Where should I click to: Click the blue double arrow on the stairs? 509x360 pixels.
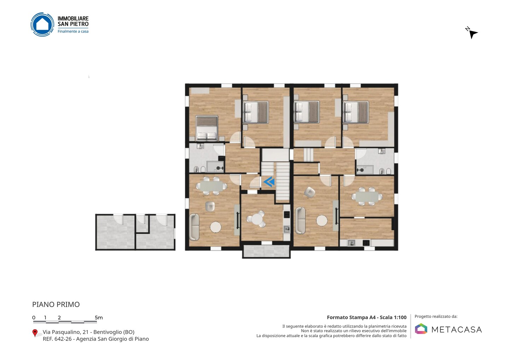[269, 182]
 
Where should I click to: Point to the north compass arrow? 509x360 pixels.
[473, 34]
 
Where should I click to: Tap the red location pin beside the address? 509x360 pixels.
[35, 333]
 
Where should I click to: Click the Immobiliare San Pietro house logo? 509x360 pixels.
[42, 24]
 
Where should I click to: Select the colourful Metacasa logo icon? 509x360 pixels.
[421, 329]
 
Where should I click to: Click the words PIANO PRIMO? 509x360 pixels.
[56, 304]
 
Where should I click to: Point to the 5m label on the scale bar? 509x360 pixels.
[99, 318]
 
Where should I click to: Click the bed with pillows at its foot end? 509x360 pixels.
[207, 128]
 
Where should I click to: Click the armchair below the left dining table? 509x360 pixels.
[210, 207]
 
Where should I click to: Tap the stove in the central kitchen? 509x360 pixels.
[287, 214]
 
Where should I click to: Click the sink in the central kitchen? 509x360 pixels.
[287, 229]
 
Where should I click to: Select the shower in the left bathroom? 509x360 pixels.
[215, 167]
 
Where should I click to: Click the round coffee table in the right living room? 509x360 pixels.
[322, 221]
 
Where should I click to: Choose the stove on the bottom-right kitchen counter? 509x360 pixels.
[366, 243]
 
